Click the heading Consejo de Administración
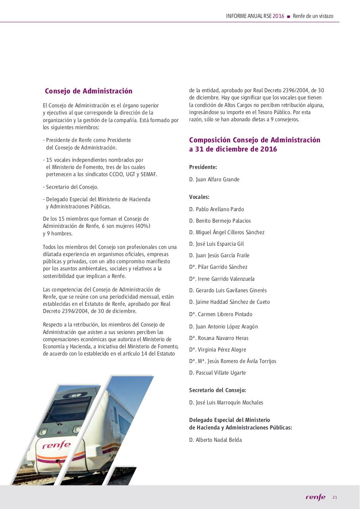coord(89,91)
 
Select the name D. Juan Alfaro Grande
coord(214,180)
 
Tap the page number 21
coord(335,497)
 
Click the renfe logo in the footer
coord(315,497)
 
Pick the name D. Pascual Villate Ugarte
coord(217,373)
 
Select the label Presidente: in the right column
coord(203,167)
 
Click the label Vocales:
coord(199,197)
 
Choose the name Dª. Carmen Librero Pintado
coord(221,315)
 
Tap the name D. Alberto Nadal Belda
coord(215,440)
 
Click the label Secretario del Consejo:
coord(217,390)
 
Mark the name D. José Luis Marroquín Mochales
coord(226,403)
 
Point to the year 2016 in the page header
coord(279,16)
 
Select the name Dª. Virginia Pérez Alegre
coord(218,350)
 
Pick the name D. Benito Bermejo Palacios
coord(220,221)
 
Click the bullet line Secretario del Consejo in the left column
coord(72,187)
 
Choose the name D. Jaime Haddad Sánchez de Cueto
coord(229,302)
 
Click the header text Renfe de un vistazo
coord(313,16)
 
